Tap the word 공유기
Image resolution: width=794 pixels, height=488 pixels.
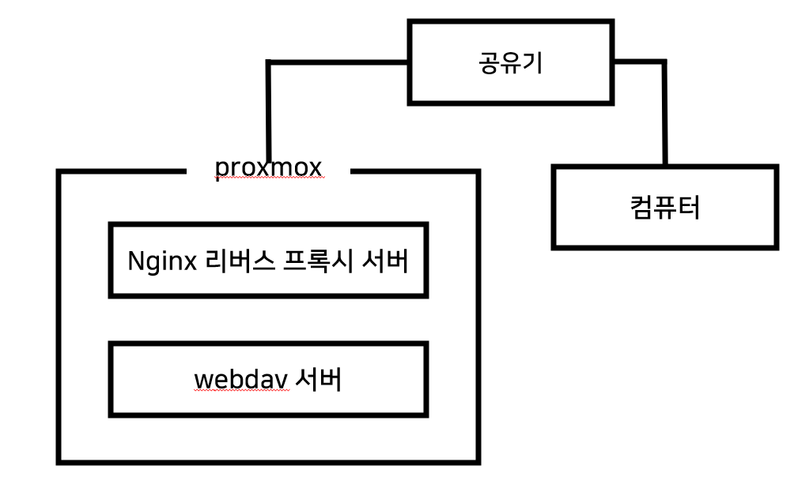[x=510, y=62]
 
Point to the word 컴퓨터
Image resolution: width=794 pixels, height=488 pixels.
[x=665, y=208]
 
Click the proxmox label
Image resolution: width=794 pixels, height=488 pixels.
[x=268, y=167]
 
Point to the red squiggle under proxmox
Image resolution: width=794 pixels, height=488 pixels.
[x=268, y=179]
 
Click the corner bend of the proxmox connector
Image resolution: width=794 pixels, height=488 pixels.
[x=270, y=62]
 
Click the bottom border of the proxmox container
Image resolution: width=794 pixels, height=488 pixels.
[x=268, y=461]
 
